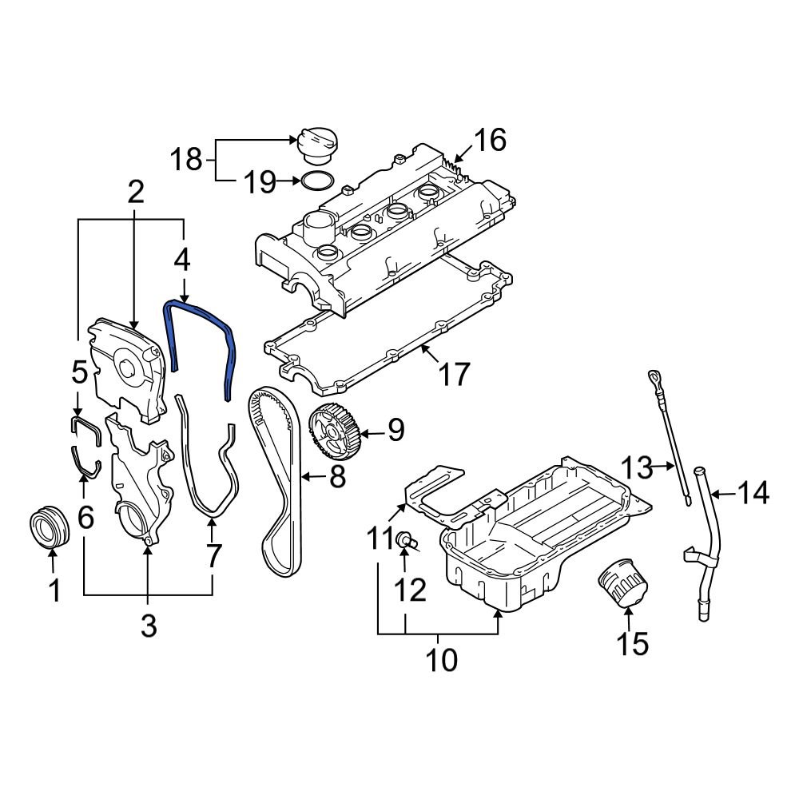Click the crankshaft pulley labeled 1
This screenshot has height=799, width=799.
[x=47, y=528]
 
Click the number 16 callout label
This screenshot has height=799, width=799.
[x=488, y=141]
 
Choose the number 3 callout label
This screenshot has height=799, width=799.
[x=149, y=626]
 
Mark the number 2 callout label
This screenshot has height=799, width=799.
[x=135, y=193]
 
